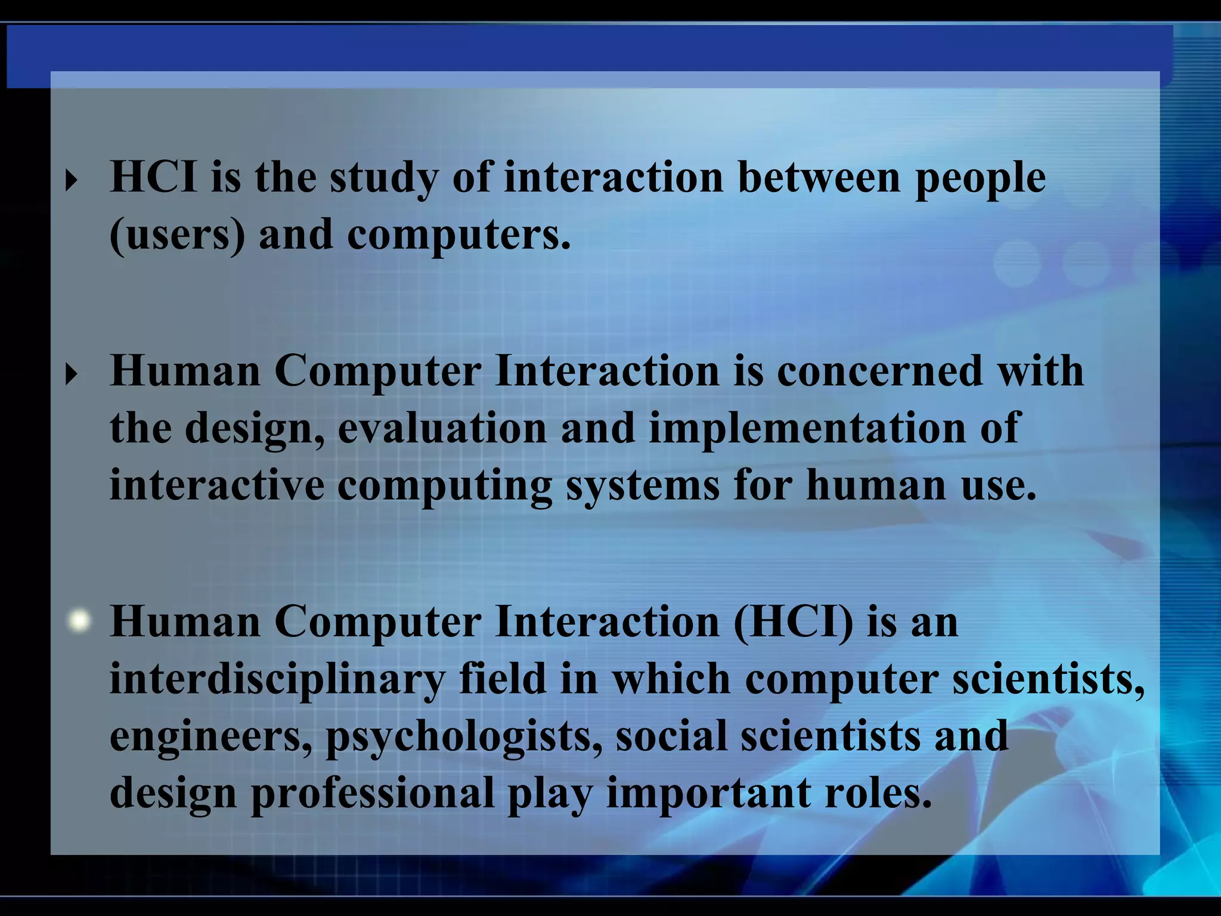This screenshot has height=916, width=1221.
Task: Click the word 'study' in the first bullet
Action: pyautogui.click(x=383, y=179)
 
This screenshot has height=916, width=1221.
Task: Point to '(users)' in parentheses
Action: pyautogui.click(x=177, y=235)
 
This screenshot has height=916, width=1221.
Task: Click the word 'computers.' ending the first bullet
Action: pyautogui.click(x=458, y=235)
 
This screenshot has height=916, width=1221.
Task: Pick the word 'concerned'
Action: pyautogui.click(x=879, y=371)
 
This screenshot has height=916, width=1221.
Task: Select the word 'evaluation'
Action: pyautogui.click(x=442, y=428)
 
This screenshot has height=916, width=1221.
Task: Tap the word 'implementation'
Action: pyautogui.click(x=807, y=428)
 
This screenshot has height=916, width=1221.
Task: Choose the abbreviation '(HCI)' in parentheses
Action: pyautogui.click(x=793, y=622)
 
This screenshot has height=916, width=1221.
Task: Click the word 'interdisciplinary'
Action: pyautogui.click(x=277, y=679)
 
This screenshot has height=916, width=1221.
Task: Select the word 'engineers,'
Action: pyautogui.click(x=211, y=736)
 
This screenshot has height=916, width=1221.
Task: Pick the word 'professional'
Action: pyautogui.click(x=373, y=793)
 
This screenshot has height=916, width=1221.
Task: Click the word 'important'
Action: pyautogui.click(x=708, y=793)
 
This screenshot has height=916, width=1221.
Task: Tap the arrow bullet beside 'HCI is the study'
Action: pyautogui.click(x=72, y=180)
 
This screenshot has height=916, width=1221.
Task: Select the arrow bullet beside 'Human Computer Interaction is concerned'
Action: pyautogui.click(x=72, y=374)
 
